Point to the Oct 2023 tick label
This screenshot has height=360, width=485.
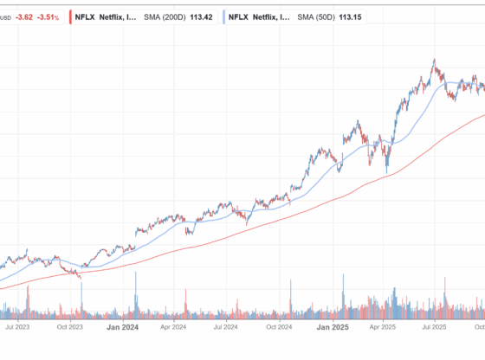pyautogui.click(x=69, y=328)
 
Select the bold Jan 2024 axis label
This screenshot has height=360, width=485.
pyautogui.click(x=122, y=328)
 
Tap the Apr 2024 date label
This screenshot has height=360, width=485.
pyautogui.click(x=174, y=328)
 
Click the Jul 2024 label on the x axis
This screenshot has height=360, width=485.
pyautogui.click(x=226, y=328)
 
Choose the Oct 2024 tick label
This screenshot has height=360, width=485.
pyautogui.click(x=278, y=328)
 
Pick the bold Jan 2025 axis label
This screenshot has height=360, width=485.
pyautogui.click(x=331, y=328)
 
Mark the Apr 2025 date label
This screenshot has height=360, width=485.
pyautogui.click(x=383, y=328)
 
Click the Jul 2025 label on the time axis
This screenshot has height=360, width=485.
pyautogui.click(x=434, y=328)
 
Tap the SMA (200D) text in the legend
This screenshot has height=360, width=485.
pyautogui.click(x=162, y=16)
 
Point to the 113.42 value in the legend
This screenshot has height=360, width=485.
pyautogui.click(x=199, y=16)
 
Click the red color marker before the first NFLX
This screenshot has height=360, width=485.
pyautogui.click(x=70, y=16)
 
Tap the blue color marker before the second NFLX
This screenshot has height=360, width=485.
pyautogui.click(x=223, y=16)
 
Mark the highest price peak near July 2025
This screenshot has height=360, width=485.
pyautogui.click(x=434, y=61)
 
